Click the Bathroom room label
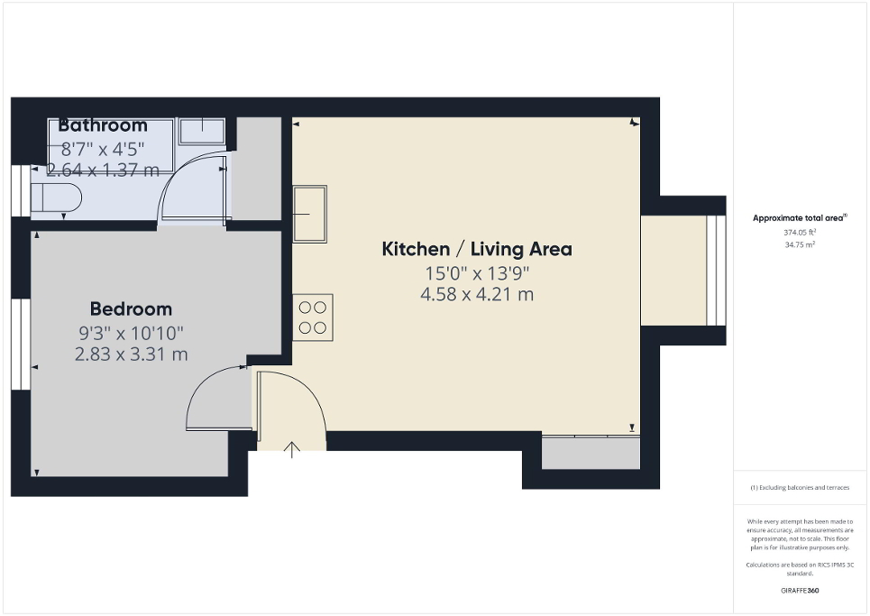pos(103,125)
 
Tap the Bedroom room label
pos(131,309)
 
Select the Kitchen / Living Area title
pos(477,249)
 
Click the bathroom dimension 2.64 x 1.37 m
pos(103,169)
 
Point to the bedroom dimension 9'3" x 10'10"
pos(131,333)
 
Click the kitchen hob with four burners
pos(313,317)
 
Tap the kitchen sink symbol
pos(309,214)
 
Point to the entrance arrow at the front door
pos(292,449)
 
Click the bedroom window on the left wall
pos(18,344)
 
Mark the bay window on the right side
pos(714,270)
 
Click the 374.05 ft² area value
pos(800,232)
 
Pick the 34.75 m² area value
pos(800,244)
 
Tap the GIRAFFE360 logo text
pos(800,590)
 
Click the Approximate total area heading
pos(800,217)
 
